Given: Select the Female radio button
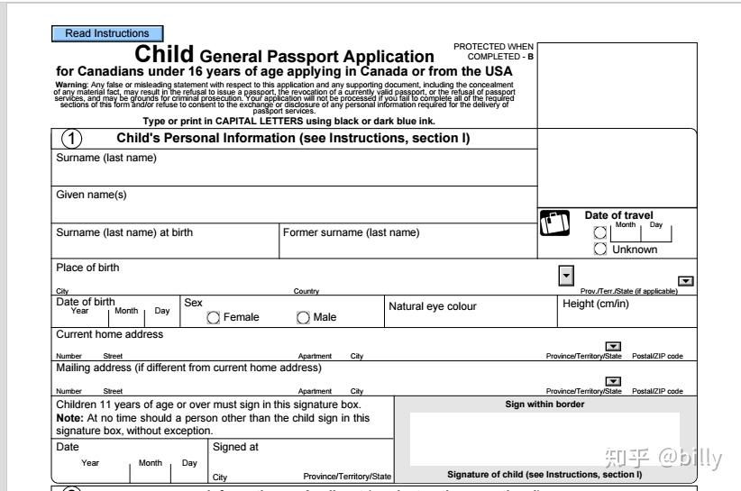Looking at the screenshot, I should [214, 317].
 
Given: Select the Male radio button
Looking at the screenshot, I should [303, 317].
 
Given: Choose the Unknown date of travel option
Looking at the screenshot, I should [600, 250].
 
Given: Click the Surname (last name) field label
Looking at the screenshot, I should [106, 159].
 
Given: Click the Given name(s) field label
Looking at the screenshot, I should [92, 195].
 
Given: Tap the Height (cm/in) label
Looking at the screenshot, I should [596, 304].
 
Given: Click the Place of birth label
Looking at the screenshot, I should [87, 268].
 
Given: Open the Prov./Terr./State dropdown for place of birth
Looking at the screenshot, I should [686, 281].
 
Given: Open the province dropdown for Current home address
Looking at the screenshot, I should [613, 346].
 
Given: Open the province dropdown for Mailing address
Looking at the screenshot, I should [613, 381].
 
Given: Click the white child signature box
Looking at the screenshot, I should [544, 438].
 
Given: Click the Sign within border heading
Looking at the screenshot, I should [544, 405].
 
